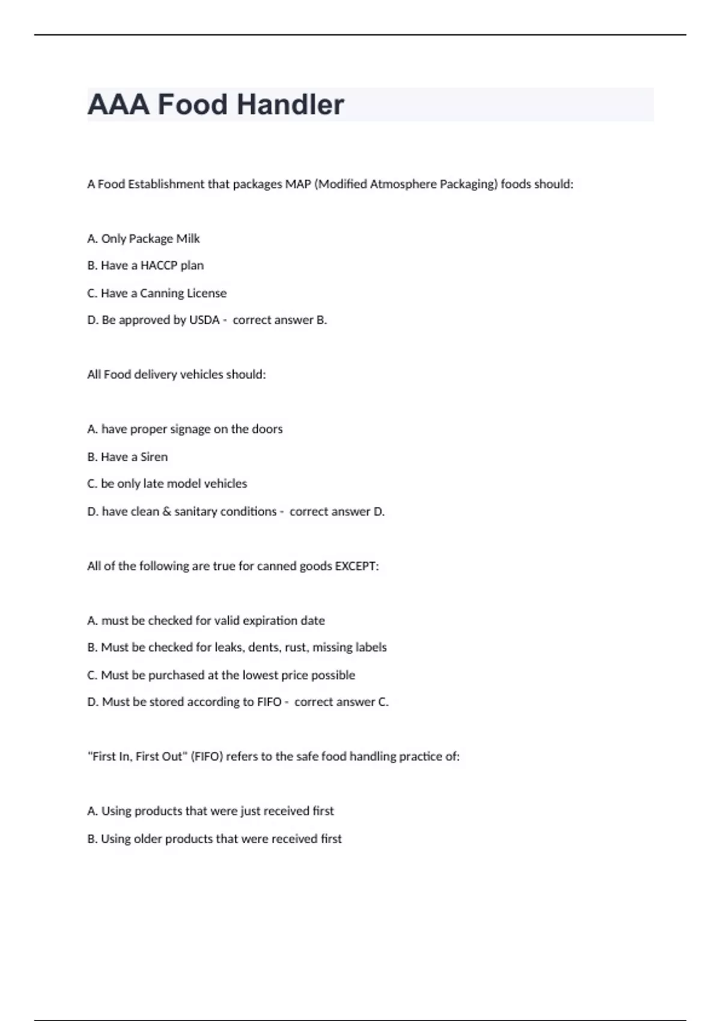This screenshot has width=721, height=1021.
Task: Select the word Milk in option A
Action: pos(187,239)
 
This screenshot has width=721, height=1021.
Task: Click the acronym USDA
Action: pos(204,320)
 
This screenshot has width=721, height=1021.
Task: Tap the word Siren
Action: pos(154,457)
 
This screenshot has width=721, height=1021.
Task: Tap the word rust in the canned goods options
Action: pos(294,647)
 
